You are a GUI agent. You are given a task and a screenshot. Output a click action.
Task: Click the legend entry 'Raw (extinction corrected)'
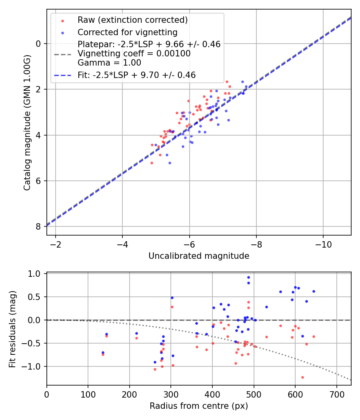(x=132, y=20)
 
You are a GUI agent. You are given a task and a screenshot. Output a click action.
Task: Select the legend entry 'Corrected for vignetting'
(x=128, y=32)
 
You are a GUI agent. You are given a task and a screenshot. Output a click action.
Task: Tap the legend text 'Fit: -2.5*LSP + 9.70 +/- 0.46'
(x=137, y=75)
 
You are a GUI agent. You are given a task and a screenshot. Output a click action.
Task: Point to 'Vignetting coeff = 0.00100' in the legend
(x=134, y=54)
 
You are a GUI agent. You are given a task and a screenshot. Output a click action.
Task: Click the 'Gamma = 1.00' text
(x=109, y=63)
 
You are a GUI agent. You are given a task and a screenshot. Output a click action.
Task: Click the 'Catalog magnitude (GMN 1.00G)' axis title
(x=27, y=123)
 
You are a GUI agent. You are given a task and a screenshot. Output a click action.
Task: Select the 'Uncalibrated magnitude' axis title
(x=199, y=256)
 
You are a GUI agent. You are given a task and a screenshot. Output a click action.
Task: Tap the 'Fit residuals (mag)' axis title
(x=12, y=329)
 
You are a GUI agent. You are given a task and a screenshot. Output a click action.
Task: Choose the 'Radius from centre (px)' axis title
(x=199, y=406)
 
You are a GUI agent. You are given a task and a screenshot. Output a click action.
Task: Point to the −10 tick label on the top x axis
(x=323, y=244)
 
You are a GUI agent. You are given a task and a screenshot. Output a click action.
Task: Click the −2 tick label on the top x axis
(x=56, y=244)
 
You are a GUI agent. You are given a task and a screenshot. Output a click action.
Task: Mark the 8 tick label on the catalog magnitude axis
(x=38, y=227)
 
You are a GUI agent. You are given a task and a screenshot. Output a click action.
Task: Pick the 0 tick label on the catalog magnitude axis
(x=38, y=44)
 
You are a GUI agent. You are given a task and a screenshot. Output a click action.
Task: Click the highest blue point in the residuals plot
(x=248, y=278)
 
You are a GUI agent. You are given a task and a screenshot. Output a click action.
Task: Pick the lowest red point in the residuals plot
(x=302, y=378)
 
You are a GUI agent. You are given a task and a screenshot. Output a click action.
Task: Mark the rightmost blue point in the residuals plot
(x=314, y=292)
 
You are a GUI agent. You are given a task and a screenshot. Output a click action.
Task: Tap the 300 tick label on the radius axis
(x=171, y=394)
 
